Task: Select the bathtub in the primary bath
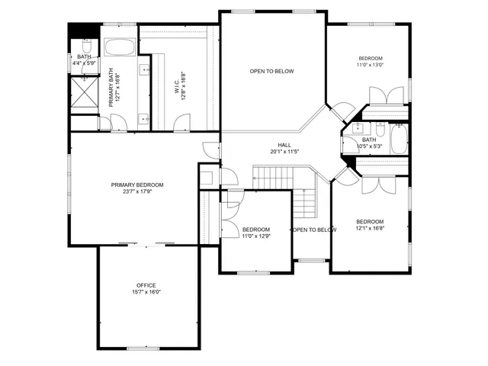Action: [120, 47]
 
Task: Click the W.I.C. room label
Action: [176, 82]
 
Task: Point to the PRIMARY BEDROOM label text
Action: [137, 185]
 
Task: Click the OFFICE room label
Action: [146, 285]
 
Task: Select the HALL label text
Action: [284, 145]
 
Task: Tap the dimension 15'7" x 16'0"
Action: [146, 292]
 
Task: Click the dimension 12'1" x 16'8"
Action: [369, 228]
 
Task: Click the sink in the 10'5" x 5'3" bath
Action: [354, 131]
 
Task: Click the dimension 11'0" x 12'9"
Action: [255, 236]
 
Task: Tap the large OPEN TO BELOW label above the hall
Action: [271, 72]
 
